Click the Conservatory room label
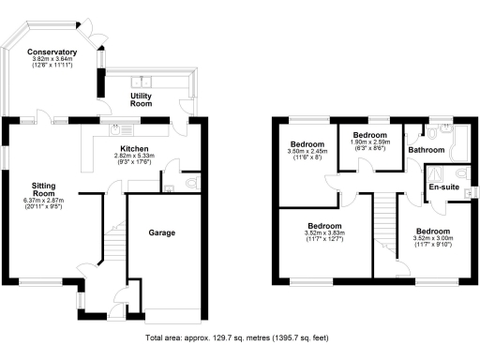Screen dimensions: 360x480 pos(52,52)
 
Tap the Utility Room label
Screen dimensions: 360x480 pos(141,99)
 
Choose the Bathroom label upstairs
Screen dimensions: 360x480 pos(427,149)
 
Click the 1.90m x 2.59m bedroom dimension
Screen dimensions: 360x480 pos(365,142)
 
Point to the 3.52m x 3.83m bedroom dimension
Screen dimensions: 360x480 pos(326,237)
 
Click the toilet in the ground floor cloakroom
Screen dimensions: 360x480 pos(189,181)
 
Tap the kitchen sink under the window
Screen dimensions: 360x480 pos(117,127)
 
